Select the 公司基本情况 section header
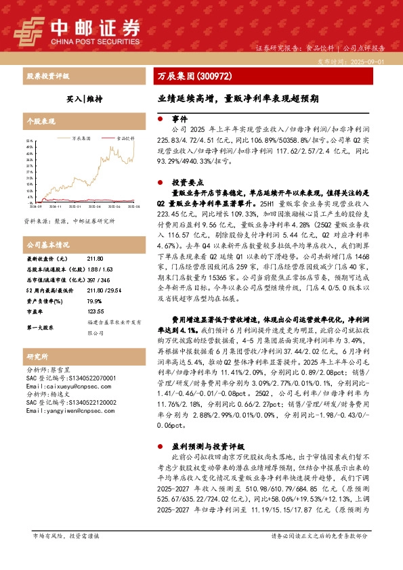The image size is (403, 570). pyautogui.click(x=47, y=244)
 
